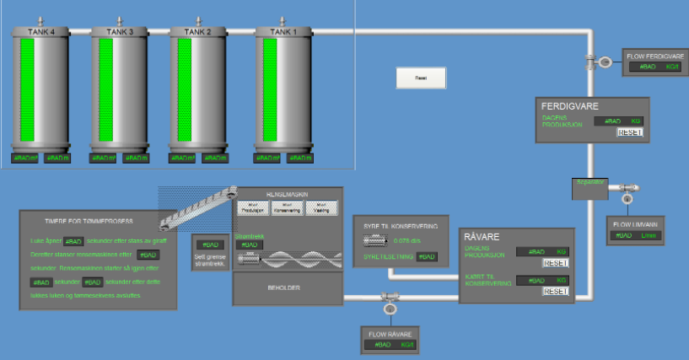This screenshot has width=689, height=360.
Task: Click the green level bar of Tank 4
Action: (x=27, y=89)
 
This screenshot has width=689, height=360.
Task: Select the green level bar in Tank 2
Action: (x=186, y=89)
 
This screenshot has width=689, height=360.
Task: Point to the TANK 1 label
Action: (x=283, y=32)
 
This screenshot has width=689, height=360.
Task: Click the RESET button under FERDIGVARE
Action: (x=630, y=132)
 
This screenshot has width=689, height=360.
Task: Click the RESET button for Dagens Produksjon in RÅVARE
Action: (x=555, y=263)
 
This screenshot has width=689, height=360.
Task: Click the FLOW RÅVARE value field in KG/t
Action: (x=390, y=344)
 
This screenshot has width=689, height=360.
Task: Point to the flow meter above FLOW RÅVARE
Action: (x=390, y=298)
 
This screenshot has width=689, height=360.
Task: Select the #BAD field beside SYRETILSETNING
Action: (x=427, y=256)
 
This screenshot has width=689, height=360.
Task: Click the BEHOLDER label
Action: (x=287, y=288)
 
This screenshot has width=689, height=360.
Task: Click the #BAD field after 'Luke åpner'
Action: (x=73, y=241)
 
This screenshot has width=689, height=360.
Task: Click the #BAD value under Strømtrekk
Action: (x=249, y=244)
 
